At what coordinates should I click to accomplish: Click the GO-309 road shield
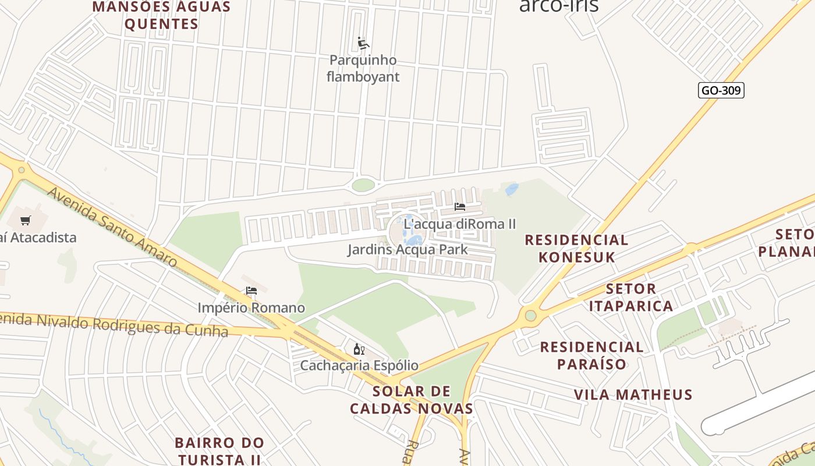(x=721, y=90)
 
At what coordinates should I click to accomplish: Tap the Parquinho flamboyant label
(x=363, y=68)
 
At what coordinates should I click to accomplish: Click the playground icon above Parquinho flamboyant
(x=363, y=43)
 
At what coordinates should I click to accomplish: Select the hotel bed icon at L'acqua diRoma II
(x=460, y=207)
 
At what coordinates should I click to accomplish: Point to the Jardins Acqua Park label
(x=408, y=250)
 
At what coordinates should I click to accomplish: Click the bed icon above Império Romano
(x=251, y=291)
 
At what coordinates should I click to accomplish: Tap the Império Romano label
(x=251, y=308)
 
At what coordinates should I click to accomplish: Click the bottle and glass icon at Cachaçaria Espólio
(x=359, y=349)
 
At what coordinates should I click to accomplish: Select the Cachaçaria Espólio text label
(x=359, y=366)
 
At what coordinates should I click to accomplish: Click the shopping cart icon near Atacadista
(x=25, y=221)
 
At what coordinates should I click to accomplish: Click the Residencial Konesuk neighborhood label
(x=576, y=248)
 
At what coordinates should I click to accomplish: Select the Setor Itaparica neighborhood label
(x=631, y=297)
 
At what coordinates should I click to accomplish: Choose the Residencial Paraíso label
(x=591, y=355)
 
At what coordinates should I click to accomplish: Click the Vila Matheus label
(x=633, y=395)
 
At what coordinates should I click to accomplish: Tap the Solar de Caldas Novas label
(x=412, y=400)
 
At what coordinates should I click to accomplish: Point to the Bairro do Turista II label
(x=219, y=451)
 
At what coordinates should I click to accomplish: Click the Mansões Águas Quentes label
(x=162, y=15)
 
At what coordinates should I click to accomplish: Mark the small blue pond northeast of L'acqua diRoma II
(x=512, y=189)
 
